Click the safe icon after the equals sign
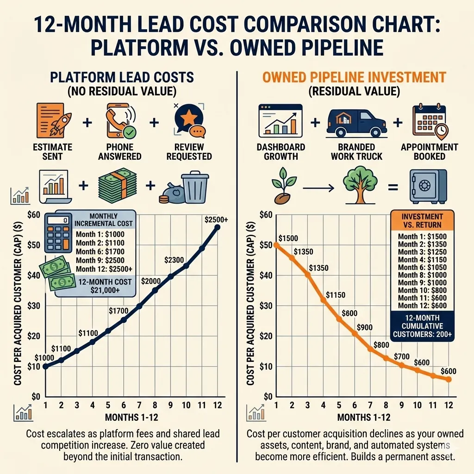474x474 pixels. (428, 186)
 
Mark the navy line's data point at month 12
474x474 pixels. (218, 227)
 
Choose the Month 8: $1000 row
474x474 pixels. (422, 274)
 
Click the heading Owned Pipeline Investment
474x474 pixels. (354, 77)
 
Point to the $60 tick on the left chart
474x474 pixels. (34, 214)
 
